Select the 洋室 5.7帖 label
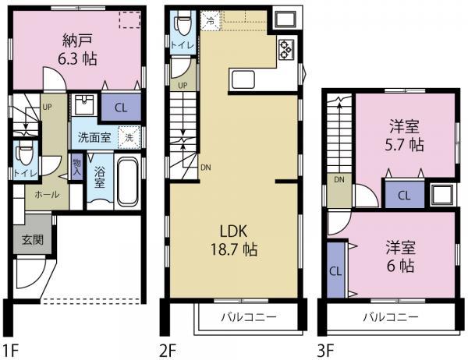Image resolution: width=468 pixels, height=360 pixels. pos(406,135)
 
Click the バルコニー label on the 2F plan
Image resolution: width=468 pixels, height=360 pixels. pos(245,318)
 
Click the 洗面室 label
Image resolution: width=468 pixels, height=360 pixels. pos(92,138)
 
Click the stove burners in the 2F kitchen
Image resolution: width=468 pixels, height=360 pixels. pos(285,49)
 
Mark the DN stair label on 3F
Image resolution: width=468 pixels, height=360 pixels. pos(339,179)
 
